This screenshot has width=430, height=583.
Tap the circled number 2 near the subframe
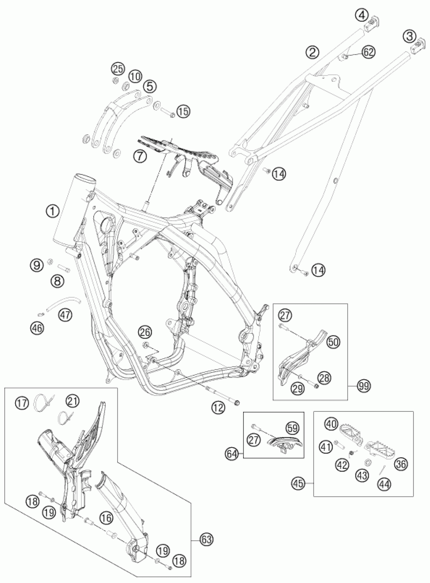pyautogui.click(x=312, y=52)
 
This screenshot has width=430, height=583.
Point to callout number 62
pyautogui.click(x=368, y=52)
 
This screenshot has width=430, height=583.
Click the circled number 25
pyautogui.click(x=117, y=69)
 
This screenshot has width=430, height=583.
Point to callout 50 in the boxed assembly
pyautogui.click(x=334, y=342)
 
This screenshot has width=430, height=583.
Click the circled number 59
pyautogui.click(x=293, y=428)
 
